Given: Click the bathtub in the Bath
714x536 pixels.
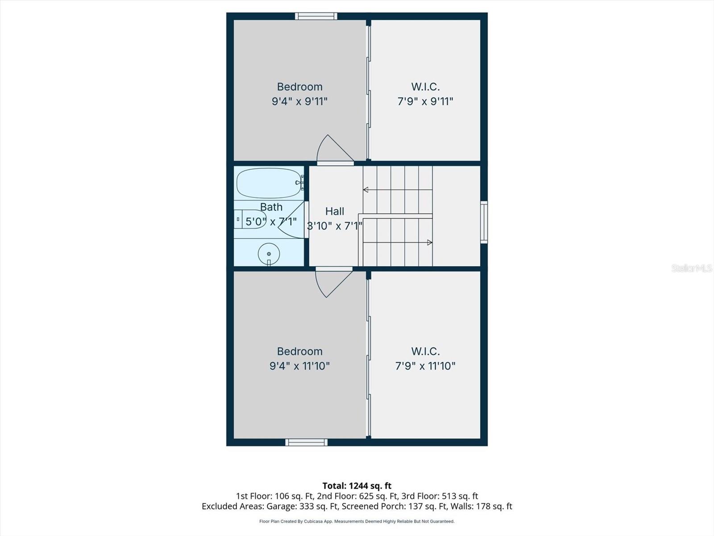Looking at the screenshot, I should pos(269,183).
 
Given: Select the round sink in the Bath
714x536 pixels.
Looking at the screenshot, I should pos(269,254).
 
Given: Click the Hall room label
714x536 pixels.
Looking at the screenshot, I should pos(335,211).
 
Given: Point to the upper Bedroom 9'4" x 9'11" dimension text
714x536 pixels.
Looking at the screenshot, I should pos(299,101).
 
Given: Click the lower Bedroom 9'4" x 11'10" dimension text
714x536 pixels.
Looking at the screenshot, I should pos(299,366).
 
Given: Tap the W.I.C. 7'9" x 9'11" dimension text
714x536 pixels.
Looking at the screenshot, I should pos(425,101).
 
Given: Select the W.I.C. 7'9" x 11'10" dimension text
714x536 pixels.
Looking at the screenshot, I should pos(425,366).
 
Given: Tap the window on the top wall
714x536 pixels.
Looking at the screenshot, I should pos(316,17).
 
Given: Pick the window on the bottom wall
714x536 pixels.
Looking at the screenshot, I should pos(307,442).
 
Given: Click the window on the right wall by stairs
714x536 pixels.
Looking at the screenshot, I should pos(484,222).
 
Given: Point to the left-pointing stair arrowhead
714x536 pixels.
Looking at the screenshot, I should pos(365,190).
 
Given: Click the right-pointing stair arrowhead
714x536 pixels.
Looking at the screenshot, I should pos(430,243).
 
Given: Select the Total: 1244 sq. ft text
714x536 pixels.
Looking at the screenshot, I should pos(357,486).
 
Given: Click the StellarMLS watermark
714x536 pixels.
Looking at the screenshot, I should pos(692,268).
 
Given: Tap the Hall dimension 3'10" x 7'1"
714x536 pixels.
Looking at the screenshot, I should pos(335,226).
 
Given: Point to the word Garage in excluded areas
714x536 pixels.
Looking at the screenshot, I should pos(279,506).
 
